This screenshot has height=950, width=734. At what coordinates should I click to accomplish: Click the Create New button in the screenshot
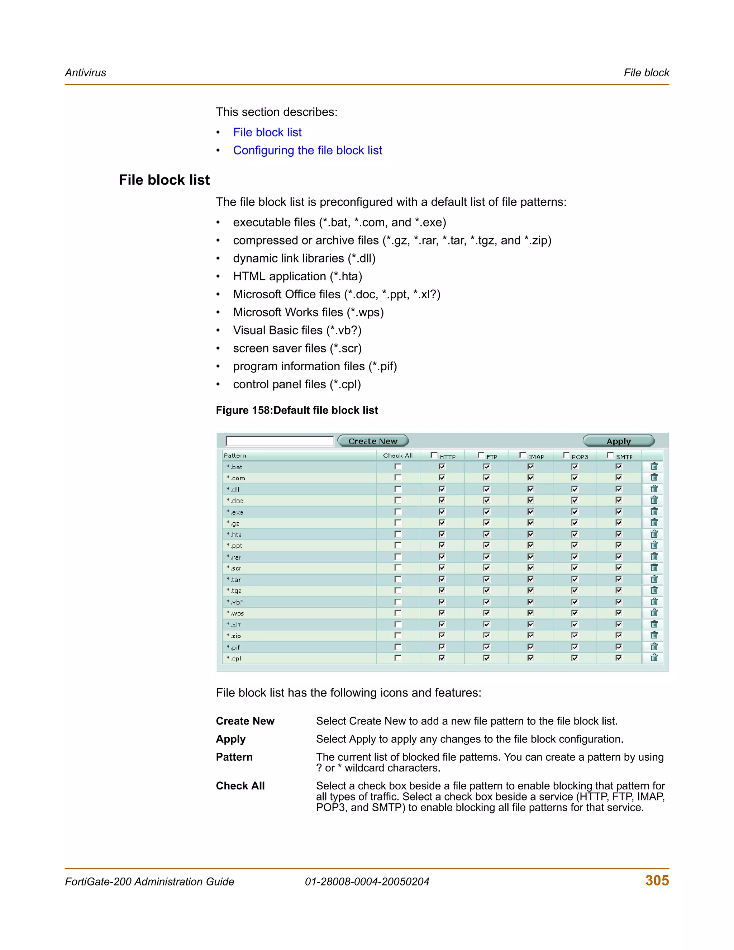373,441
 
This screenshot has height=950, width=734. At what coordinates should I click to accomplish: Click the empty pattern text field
280,441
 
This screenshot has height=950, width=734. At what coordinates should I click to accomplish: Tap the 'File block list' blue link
267,132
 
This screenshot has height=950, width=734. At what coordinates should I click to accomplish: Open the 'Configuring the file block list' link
308,150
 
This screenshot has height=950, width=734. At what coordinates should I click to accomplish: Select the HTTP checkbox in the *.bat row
442,466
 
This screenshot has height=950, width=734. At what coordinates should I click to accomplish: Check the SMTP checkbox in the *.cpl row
618,658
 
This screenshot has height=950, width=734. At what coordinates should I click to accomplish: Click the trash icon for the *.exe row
654,512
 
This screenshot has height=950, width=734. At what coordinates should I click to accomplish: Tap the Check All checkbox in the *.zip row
397,636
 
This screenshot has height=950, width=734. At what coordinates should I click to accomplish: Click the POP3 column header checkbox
566,455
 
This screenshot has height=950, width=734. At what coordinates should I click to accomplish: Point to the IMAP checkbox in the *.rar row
530,557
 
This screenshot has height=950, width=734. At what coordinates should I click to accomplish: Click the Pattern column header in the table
235,455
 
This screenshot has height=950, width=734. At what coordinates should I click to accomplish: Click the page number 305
657,880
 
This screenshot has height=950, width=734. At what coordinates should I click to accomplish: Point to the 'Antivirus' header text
85,73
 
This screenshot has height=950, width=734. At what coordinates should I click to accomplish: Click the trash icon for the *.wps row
654,613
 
